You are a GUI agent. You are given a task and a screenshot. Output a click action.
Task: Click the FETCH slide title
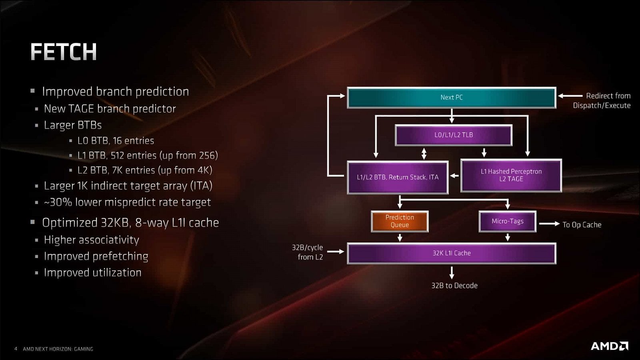pos(64,52)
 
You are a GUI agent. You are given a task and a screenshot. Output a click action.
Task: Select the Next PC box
pos(451,97)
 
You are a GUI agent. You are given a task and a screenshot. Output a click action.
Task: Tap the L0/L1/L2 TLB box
pos(453,135)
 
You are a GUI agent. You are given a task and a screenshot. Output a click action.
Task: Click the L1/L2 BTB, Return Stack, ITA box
pos(398,177)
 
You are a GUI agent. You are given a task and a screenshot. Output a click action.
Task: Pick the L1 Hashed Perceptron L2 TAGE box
pos(511,175)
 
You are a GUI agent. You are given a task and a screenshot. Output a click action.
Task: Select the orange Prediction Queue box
pos(400,221)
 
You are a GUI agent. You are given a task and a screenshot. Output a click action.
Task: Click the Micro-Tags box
pos(507,221)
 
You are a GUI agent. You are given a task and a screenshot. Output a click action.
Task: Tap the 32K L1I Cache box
pos(451,253)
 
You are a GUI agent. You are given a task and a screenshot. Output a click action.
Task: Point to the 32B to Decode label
pos(454,286)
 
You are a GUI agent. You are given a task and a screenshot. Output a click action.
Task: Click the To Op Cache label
pos(582,225)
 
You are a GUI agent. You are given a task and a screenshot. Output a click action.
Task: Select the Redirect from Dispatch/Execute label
pos(602,101)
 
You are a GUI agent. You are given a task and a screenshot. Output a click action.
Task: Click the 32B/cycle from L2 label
pos(308,252)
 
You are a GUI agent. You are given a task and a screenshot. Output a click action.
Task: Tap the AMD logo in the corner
pos(609,346)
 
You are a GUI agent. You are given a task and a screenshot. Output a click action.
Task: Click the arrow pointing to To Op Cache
pos(549,224)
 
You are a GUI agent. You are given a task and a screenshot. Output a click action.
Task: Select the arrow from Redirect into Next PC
pos(570,96)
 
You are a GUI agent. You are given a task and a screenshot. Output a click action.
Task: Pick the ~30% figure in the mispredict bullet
pos(58,202)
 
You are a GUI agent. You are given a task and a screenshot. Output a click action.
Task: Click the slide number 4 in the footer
pos(16,349)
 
